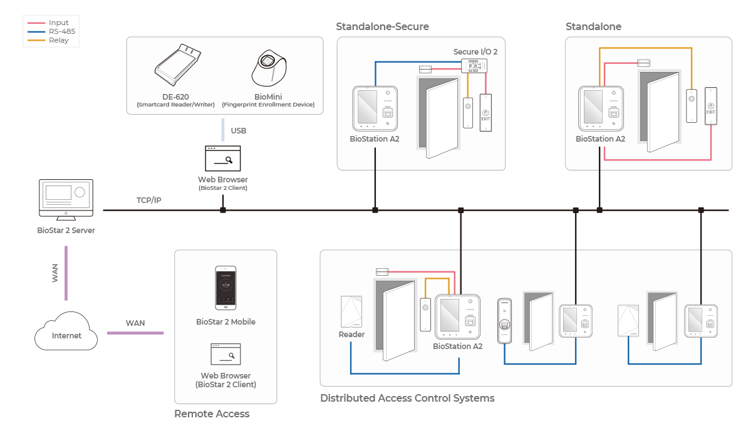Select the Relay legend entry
click(58, 40)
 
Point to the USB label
click(239, 131)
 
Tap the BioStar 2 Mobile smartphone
click(226, 288)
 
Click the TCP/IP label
click(149, 201)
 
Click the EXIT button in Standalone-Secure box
click(486, 112)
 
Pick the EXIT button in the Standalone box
click(712, 107)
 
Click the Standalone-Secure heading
click(382, 26)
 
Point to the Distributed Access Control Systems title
click(407, 398)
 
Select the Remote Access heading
click(212, 414)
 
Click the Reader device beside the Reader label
click(351, 312)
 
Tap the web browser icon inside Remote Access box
click(226, 355)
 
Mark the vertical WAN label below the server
click(55, 273)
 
